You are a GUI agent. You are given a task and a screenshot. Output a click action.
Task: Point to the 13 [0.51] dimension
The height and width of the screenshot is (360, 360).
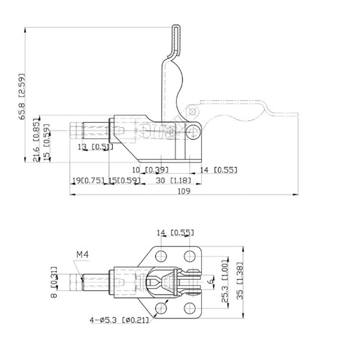click(95, 147)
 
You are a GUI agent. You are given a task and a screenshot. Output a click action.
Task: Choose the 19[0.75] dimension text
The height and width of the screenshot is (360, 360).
click(88, 180)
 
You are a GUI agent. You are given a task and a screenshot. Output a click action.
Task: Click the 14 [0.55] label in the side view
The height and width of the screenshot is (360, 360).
click(218, 170)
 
